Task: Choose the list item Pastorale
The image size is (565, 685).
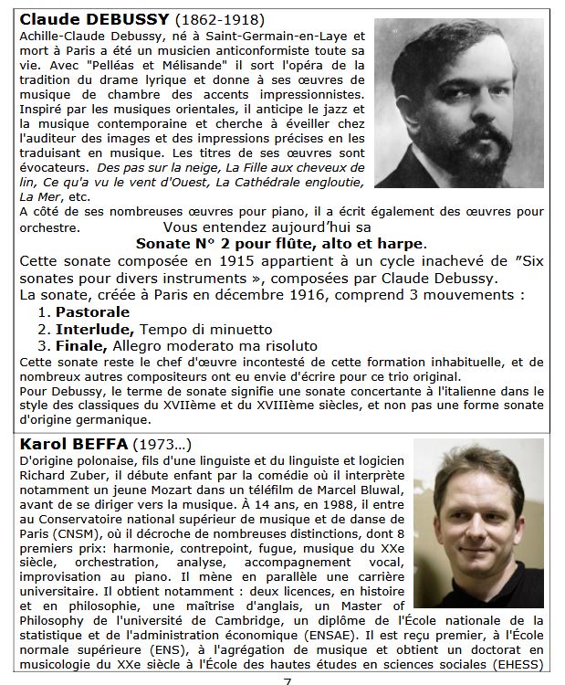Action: [92, 311]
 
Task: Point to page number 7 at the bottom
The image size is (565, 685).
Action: [287, 678]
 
